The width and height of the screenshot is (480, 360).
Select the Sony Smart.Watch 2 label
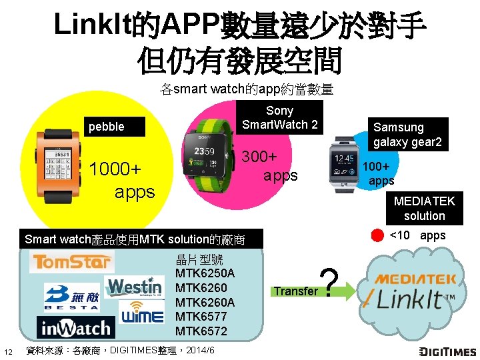point(280,117)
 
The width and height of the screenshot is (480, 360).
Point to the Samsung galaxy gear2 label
point(407,135)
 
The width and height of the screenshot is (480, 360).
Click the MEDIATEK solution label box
point(423,208)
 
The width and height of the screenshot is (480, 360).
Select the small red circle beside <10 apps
point(377,235)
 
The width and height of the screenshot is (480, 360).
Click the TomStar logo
point(71,263)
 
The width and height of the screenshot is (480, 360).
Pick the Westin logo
point(135,287)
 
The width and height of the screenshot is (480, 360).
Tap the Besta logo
point(72,297)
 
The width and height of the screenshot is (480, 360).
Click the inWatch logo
point(76,328)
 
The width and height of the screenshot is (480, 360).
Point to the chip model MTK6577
point(201,317)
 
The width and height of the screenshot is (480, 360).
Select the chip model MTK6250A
point(205,273)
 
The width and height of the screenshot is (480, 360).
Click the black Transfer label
point(295,291)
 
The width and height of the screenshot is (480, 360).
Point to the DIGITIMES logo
point(448,351)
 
